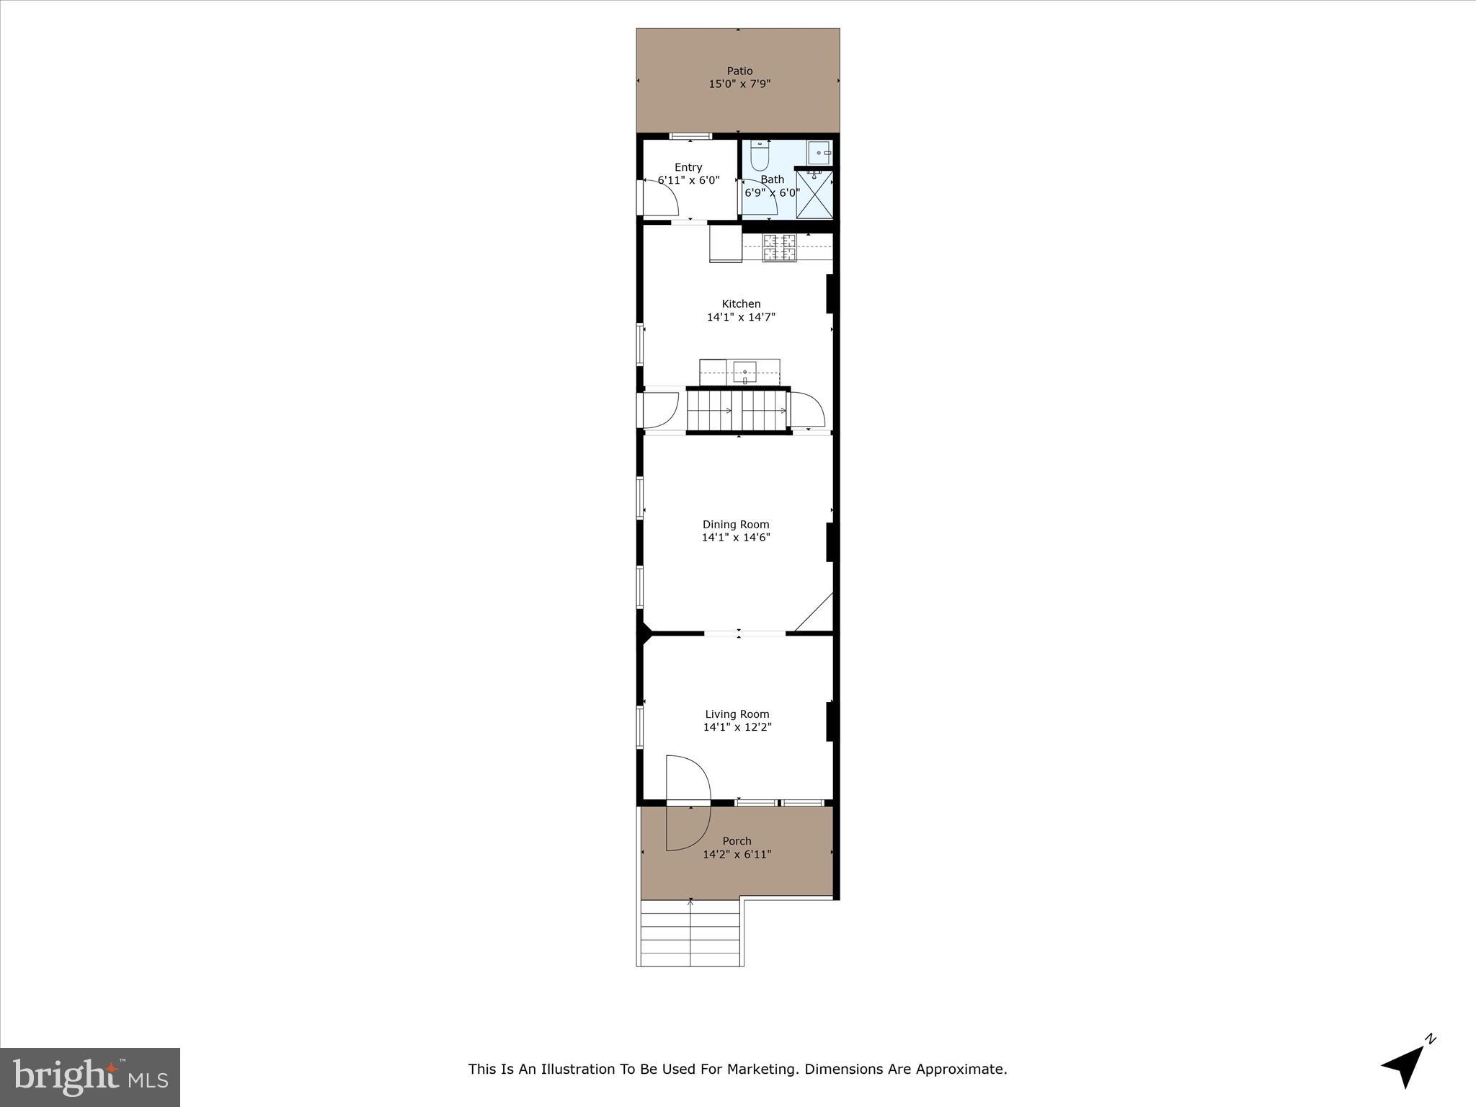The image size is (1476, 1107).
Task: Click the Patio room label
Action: pyautogui.click(x=739, y=71)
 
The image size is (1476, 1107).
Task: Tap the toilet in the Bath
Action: pyautogui.click(x=760, y=154)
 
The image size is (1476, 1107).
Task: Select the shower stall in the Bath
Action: pyautogui.click(x=815, y=193)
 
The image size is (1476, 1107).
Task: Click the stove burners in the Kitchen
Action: pyautogui.click(x=780, y=248)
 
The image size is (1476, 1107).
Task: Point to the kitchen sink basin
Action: pyautogui.click(x=744, y=373)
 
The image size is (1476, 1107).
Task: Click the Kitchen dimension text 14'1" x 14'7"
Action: pyautogui.click(x=741, y=317)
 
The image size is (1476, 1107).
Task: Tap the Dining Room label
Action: pyautogui.click(x=736, y=525)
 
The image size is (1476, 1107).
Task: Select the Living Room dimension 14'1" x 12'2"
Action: pyautogui.click(x=737, y=727)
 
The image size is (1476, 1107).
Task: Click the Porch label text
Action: pyautogui.click(x=737, y=841)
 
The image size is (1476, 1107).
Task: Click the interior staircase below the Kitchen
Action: pyautogui.click(x=737, y=412)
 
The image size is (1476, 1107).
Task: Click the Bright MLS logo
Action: pyautogui.click(x=89, y=1077)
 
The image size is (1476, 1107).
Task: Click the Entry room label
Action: pyautogui.click(x=688, y=167)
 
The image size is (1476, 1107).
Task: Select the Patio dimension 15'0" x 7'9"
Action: pyautogui.click(x=739, y=84)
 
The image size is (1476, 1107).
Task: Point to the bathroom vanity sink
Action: pyautogui.click(x=820, y=153)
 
